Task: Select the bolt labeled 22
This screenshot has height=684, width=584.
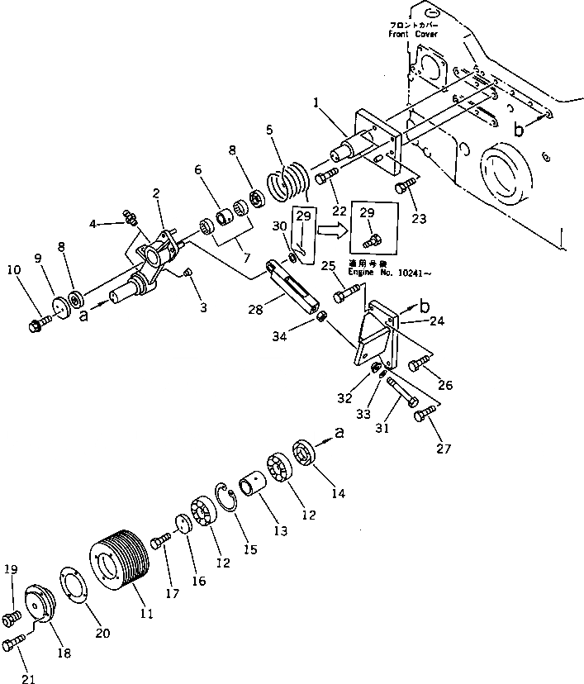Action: tap(325, 175)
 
